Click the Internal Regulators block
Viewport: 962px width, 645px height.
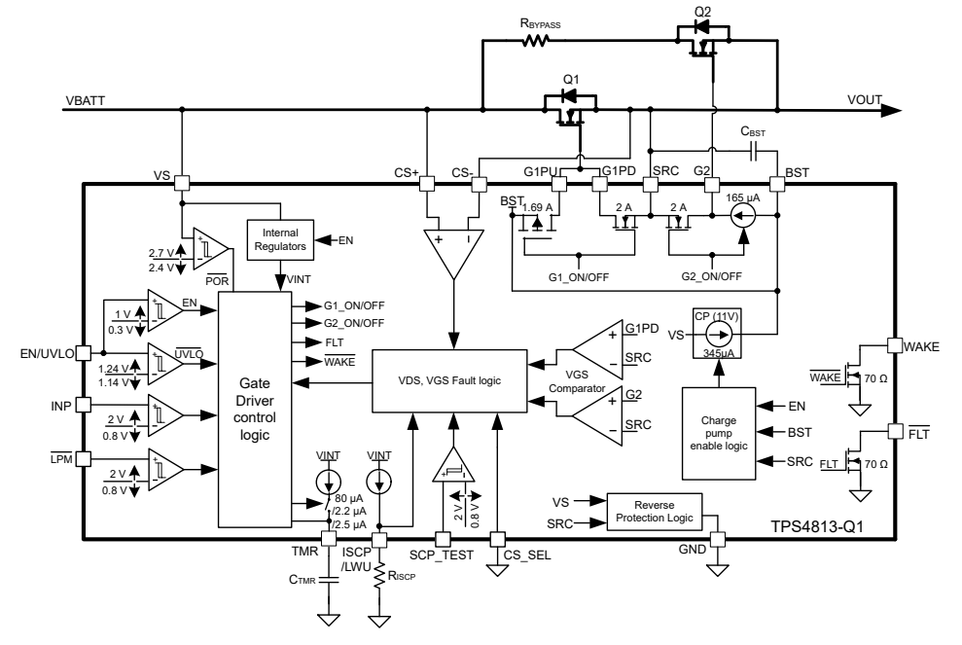(280, 238)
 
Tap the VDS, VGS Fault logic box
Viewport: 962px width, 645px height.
(448, 378)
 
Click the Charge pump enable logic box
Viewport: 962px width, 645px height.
(721, 432)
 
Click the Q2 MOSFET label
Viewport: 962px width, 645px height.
(703, 11)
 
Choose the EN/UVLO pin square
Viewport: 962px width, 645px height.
(83, 353)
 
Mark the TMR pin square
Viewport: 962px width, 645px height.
(328, 538)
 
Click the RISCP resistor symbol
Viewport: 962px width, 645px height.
(380, 576)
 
